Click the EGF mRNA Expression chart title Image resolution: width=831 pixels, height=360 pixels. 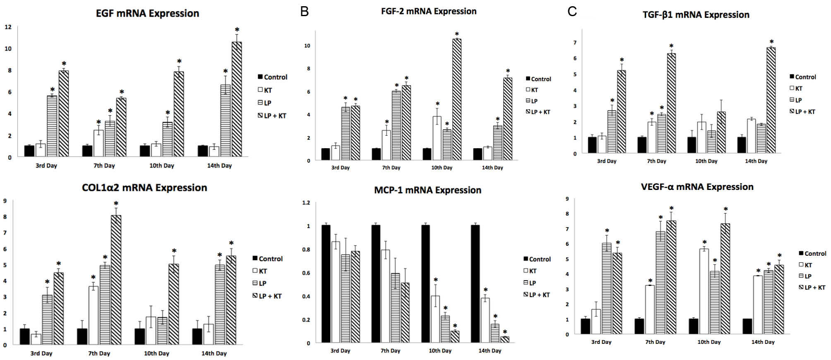147,13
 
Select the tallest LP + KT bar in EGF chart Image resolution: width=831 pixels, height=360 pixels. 237,99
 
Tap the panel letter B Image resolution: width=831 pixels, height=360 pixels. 305,12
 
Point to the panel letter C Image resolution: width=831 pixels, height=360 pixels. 572,12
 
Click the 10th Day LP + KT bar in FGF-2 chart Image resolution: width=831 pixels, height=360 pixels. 456,99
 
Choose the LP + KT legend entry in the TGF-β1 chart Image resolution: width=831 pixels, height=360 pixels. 802,112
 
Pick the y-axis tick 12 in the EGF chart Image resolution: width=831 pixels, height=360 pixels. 8,27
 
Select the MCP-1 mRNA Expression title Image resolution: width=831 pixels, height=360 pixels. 428,190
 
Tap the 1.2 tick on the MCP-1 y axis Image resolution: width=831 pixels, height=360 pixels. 306,203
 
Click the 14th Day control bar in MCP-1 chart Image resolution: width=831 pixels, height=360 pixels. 475,284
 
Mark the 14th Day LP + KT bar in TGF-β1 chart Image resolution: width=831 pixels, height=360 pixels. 771,100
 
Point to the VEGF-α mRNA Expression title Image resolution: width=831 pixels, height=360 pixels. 697,187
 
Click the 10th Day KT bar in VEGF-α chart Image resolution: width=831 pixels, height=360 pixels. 704,291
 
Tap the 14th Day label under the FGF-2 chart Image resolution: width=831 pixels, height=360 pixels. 492,168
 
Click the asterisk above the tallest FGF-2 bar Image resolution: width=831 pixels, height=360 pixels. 457,34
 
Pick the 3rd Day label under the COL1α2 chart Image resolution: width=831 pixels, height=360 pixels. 41,354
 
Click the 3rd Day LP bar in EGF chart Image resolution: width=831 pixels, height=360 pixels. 52,126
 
